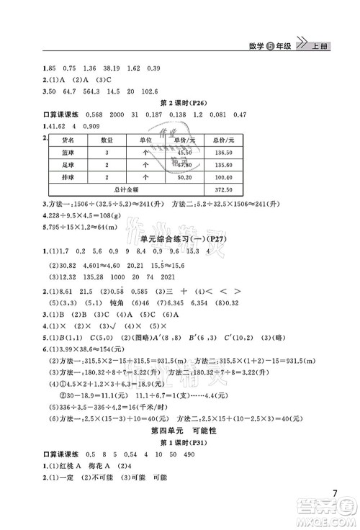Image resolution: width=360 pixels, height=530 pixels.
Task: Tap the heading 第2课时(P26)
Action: tap(180, 103)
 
